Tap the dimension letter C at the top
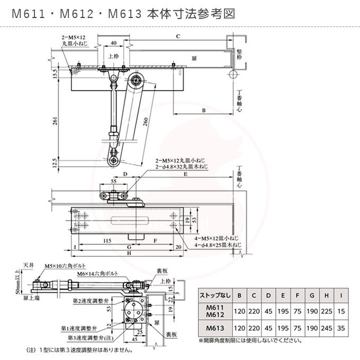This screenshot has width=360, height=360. pos(178,36)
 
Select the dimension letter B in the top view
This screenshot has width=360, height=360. pos(203,110)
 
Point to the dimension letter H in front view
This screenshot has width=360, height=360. pos(129,254)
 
